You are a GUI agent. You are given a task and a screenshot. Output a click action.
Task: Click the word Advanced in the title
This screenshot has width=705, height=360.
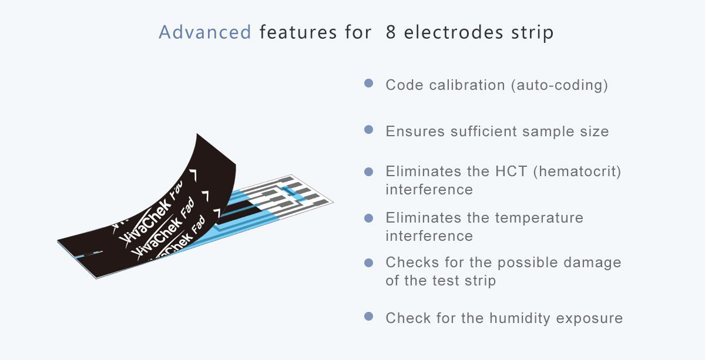coord(205,32)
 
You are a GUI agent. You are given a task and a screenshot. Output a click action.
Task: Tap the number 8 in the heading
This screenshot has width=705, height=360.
coord(391,32)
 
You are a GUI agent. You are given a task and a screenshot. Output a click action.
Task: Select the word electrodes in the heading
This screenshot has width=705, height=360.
coord(454,32)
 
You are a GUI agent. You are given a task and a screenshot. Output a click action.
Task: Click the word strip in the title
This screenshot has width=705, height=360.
coord(532,33)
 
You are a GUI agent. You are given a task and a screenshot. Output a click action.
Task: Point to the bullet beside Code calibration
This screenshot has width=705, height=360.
coord(368,83)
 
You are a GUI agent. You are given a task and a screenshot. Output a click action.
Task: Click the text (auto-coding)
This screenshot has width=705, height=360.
coord(559,85)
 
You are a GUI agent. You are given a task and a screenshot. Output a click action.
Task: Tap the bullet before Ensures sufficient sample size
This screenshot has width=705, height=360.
coord(368,130)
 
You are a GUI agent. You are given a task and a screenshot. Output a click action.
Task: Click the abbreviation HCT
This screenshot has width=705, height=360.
coord(511,171)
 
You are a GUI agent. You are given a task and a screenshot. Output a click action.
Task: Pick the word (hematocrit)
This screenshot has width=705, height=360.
coord(577,172)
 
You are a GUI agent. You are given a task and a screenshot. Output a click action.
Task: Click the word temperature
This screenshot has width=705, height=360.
coord(539,218)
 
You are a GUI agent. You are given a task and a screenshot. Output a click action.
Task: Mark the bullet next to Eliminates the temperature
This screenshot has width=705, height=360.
coord(368,218)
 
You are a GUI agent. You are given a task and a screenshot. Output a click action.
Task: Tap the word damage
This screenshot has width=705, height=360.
coord(592,263)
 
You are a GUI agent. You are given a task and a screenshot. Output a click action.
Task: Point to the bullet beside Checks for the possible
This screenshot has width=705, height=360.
coord(368,263)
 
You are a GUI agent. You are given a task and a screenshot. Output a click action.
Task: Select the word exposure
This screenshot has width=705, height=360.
coord(589,319)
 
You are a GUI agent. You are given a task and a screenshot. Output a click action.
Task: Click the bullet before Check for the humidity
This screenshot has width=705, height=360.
coord(368,317)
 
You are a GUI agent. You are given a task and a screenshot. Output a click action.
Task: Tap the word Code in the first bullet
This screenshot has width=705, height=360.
coord(404,85)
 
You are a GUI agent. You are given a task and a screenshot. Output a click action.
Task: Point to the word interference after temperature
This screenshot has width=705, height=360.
coord(429,236)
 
